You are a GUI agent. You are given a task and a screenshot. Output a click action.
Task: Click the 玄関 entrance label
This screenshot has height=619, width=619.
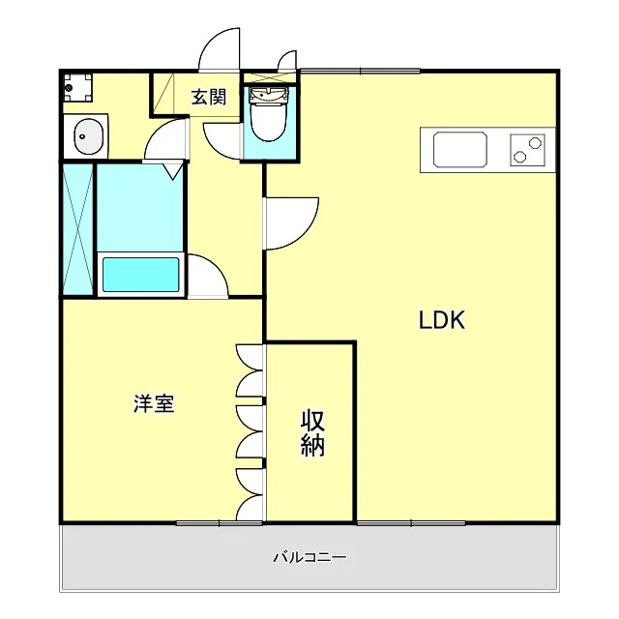(x=209, y=97)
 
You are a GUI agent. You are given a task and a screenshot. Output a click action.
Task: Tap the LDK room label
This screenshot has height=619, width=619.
(x=442, y=320)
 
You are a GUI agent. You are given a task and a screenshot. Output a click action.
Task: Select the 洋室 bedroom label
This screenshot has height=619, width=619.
(x=154, y=403)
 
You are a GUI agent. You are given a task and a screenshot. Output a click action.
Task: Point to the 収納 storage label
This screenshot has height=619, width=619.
(x=312, y=433)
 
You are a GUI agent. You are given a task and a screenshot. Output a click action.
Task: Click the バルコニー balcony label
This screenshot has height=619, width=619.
(x=309, y=557)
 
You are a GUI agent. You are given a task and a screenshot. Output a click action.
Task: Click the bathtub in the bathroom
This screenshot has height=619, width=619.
(x=140, y=275)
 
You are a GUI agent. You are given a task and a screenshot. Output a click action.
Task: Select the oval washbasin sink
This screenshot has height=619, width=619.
(x=89, y=136)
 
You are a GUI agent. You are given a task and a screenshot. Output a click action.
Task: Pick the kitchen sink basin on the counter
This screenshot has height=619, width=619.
(x=460, y=149)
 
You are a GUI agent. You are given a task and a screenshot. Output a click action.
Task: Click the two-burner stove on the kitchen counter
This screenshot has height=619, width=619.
(x=527, y=150)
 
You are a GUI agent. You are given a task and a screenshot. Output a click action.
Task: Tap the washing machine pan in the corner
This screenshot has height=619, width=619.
(x=77, y=87)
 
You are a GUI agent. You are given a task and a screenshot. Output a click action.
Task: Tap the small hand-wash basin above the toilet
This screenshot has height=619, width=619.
(x=269, y=95)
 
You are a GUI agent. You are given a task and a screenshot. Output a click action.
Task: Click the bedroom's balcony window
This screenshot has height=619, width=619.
(x=220, y=523)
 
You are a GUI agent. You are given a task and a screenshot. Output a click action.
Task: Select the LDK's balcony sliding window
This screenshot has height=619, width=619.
(x=411, y=523)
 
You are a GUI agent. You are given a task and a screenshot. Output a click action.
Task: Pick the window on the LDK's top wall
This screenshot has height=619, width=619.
(x=361, y=71)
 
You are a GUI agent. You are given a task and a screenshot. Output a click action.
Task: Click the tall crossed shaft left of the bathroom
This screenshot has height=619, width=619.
(x=78, y=229)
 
